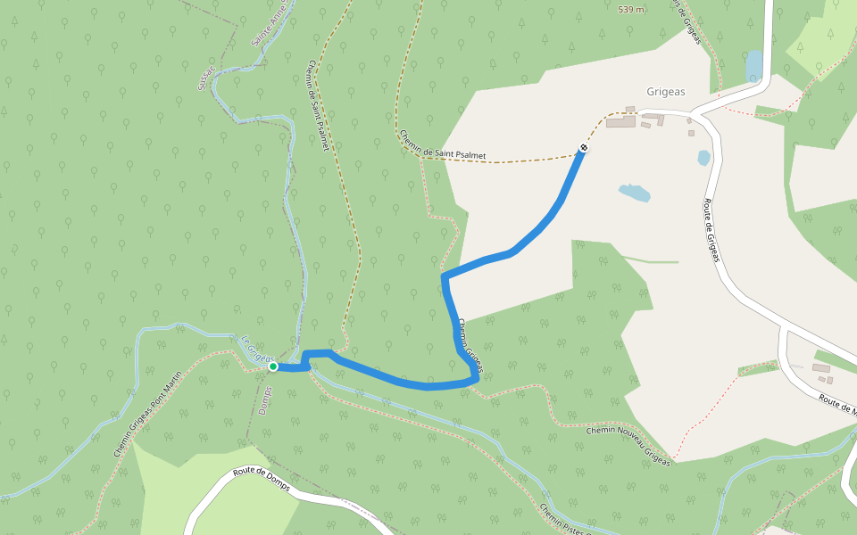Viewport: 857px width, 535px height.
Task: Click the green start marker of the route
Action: click(x=273, y=366)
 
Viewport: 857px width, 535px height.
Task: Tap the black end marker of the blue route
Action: click(x=583, y=147)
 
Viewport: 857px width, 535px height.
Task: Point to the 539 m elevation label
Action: click(x=631, y=9)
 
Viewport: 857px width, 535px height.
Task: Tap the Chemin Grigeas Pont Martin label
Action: click(x=147, y=414)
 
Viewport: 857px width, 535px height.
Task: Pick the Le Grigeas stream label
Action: click(x=256, y=348)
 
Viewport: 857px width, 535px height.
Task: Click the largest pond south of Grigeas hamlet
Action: click(x=634, y=193)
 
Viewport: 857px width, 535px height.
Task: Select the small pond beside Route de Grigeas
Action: click(x=704, y=158)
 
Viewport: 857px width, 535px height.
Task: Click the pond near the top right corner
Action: click(x=754, y=66)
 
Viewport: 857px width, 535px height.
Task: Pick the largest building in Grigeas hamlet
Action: click(x=620, y=121)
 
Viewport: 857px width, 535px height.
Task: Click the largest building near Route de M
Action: click(x=820, y=368)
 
